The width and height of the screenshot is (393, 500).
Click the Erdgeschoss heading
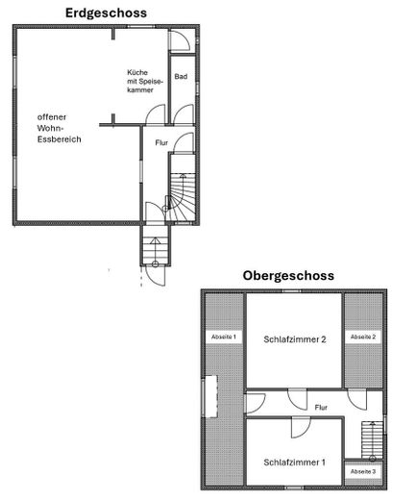pyautogui.click(x=106, y=13)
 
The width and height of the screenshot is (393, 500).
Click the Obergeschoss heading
pyautogui.click(x=288, y=276)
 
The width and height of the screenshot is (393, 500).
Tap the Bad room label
pyautogui.click(x=181, y=77)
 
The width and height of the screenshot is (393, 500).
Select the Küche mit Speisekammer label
pyautogui.click(x=145, y=81)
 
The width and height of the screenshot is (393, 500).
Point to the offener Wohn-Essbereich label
pyautogui.click(x=59, y=128)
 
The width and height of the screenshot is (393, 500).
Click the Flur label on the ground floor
pyautogui.click(x=161, y=142)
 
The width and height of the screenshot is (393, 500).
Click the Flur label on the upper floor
pyautogui.click(x=321, y=408)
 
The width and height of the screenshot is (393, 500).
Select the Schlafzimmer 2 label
pyautogui.click(x=295, y=339)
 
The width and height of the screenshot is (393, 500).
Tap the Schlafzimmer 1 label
pyautogui.click(x=294, y=462)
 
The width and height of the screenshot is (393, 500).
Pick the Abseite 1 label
pyautogui.click(x=224, y=337)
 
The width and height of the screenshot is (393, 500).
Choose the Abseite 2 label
pyautogui.click(x=363, y=337)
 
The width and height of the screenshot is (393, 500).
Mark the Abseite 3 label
pyautogui.click(x=363, y=472)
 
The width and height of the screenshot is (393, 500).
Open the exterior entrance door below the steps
pyautogui.click(x=156, y=276)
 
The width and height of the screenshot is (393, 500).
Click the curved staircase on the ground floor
pyautogui.click(x=182, y=197)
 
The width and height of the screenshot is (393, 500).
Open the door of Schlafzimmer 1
pyautogui.click(x=301, y=427)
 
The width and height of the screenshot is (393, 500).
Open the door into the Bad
pyautogui.click(x=184, y=114)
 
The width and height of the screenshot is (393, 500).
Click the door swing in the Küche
pyautogui.click(x=156, y=114)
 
